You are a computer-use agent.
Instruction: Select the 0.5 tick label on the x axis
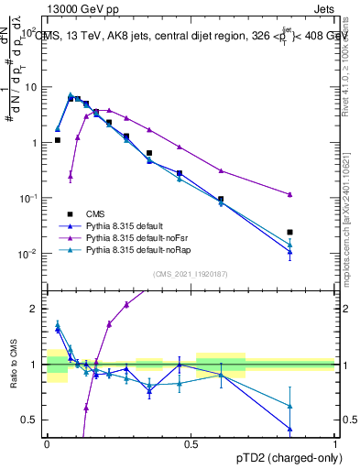[x=191, y=443]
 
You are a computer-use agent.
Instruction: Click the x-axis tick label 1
[x=335, y=443]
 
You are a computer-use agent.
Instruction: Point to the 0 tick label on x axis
[x=47, y=443]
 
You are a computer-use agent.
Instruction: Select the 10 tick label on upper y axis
[x=31, y=87]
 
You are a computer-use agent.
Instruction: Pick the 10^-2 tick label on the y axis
[x=29, y=254]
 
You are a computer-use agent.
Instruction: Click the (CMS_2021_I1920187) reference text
[x=191, y=272]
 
